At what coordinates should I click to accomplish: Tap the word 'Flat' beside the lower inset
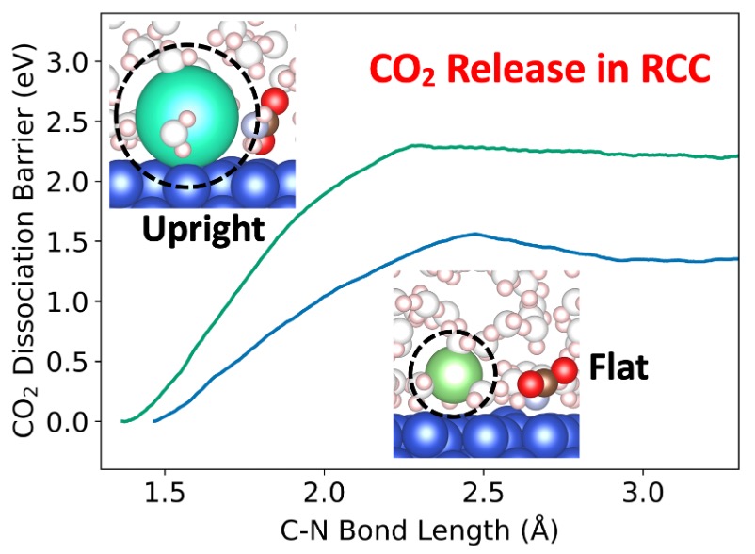[x=618, y=368]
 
